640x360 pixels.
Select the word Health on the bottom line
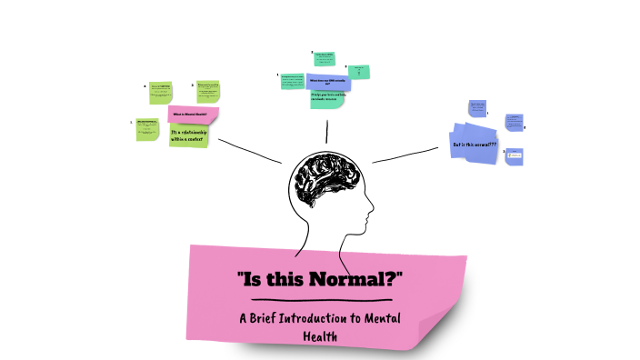click(x=319, y=337)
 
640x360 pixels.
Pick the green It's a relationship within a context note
click(x=190, y=135)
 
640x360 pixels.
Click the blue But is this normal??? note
click(x=475, y=145)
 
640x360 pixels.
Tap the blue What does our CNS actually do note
click(x=329, y=81)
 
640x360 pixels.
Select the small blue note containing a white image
click(x=515, y=155)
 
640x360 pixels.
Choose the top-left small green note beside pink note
click(x=162, y=92)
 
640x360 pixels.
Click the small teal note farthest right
click(x=359, y=71)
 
